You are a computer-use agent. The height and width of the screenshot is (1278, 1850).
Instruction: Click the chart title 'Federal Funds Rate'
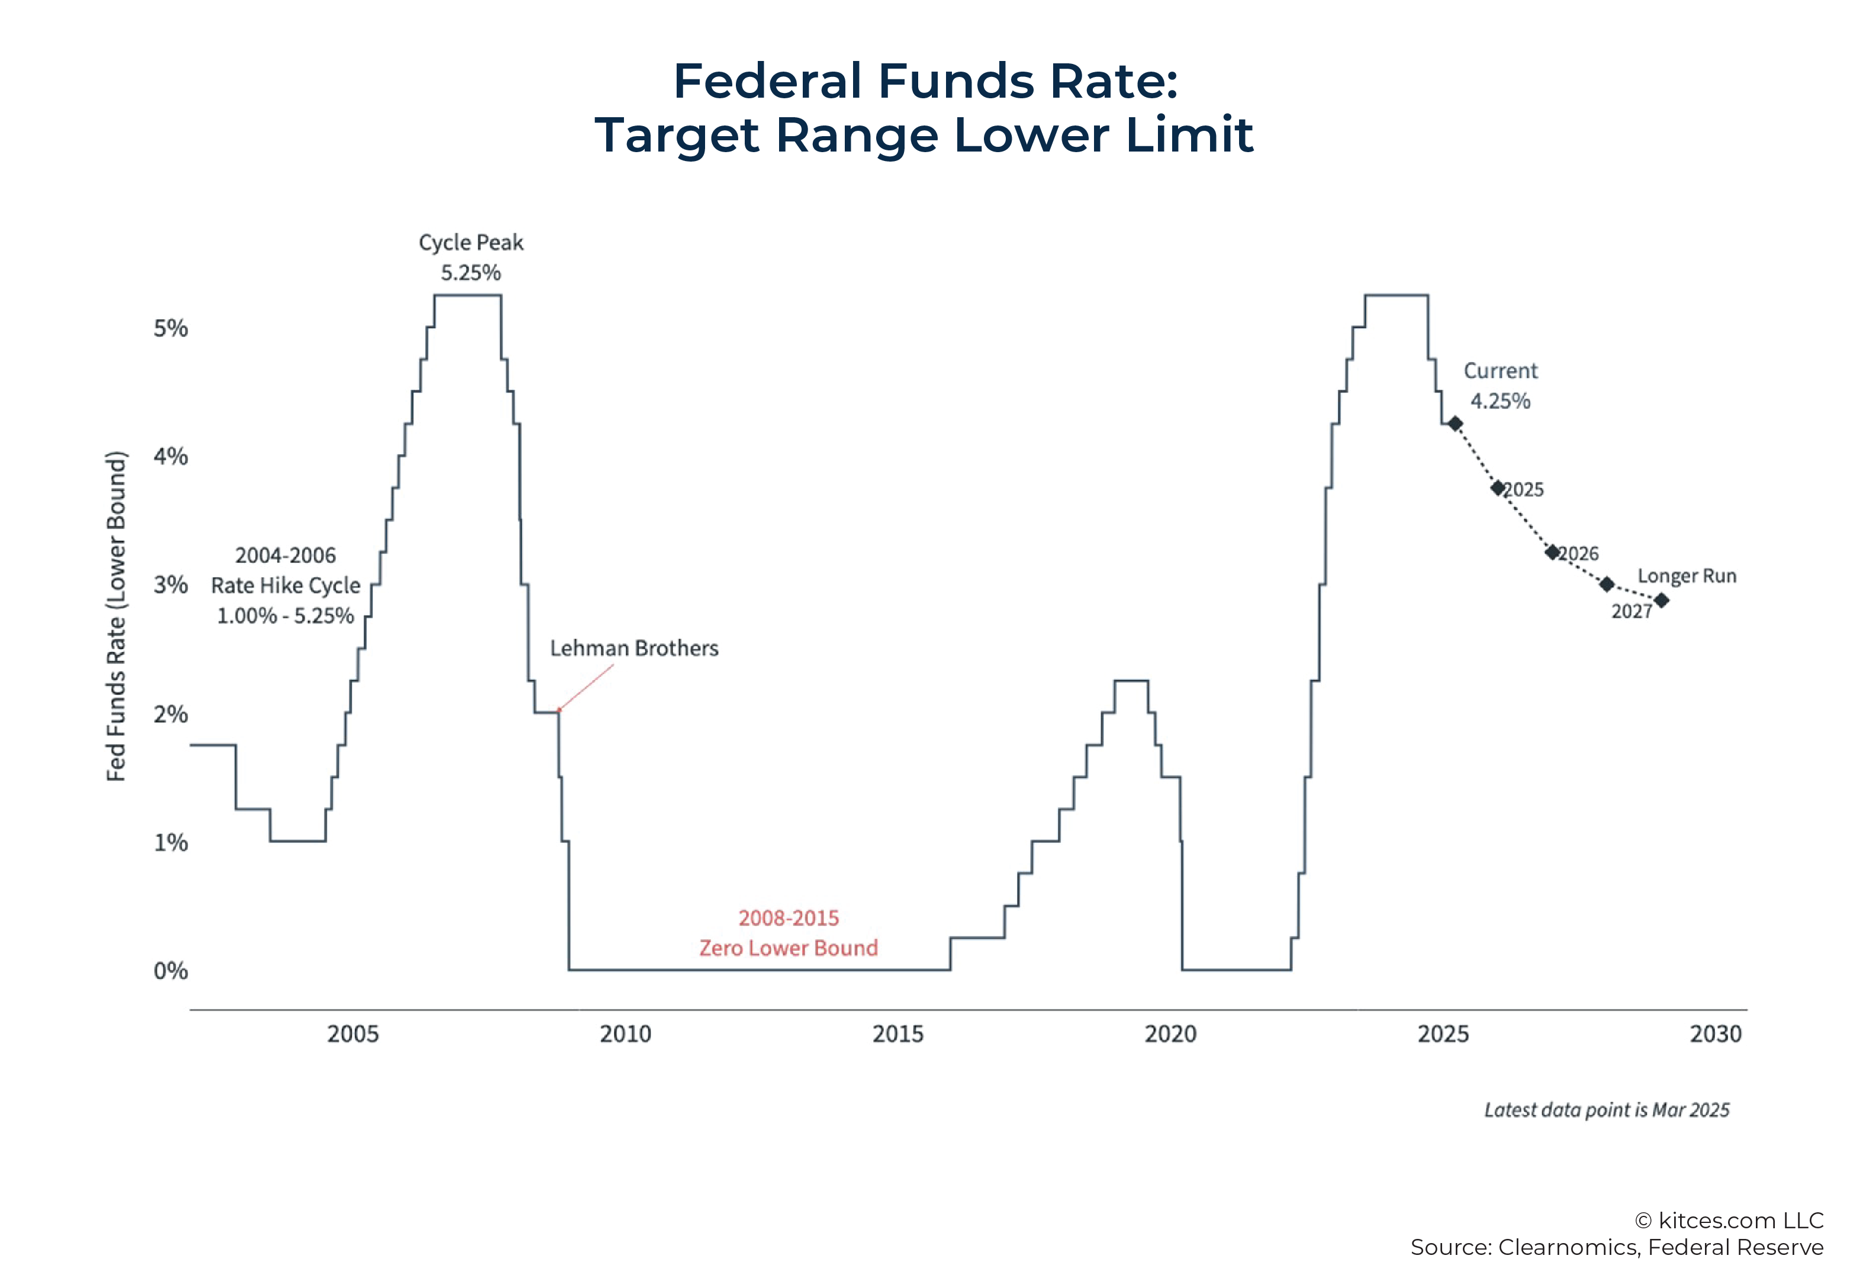tap(924, 81)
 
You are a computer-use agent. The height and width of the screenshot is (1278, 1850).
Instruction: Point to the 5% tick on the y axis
tap(170, 329)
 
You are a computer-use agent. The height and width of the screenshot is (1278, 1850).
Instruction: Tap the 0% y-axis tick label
tap(170, 971)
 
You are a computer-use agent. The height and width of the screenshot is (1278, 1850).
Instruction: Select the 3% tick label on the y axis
tap(170, 585)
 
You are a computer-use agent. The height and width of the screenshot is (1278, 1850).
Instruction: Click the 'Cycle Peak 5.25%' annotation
tap(471, 257)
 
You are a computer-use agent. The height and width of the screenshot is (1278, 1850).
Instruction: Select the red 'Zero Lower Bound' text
tap(788, 948)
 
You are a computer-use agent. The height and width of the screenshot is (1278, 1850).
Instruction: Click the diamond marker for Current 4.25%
tap(1455, 424)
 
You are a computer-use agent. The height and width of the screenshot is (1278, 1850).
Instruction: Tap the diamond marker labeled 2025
tap(1497, 488)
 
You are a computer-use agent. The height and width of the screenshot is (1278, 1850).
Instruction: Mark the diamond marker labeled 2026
tap(1551, 552)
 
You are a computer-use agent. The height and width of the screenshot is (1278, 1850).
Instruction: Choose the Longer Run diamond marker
tap(1661, 600)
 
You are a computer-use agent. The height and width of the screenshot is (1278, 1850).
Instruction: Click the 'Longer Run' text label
tap(1686, 576)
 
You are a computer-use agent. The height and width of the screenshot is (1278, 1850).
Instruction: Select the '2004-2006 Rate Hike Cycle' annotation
tap(285, 585)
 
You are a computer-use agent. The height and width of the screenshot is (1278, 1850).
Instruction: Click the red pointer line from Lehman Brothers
tap(586, 687)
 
